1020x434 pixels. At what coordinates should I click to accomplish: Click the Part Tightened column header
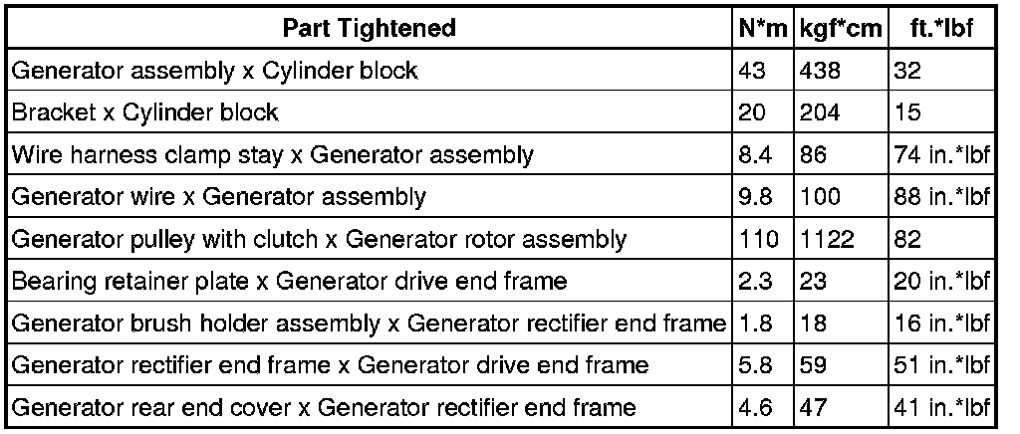click(369, 28)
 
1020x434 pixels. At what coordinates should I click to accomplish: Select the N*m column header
click(763, 28)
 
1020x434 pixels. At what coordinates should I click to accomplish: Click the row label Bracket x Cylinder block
click(145, 112)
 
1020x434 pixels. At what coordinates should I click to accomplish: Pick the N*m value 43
click(752, 71)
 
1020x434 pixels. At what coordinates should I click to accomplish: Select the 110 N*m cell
click(758, 239)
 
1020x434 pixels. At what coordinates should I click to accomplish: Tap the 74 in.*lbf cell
click(942, 155)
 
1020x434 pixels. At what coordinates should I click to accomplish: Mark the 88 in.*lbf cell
click(942, 197)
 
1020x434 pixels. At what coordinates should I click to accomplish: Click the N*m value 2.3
click(755, 282)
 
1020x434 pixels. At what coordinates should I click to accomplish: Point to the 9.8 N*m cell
click(755, 197)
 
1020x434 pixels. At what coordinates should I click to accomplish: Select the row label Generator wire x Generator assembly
click(218, 197)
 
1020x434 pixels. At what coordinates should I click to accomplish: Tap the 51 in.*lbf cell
click(942, 366)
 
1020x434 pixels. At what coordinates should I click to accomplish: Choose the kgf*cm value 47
click(813, 408)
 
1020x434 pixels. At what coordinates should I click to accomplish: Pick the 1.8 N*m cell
click(755, 324)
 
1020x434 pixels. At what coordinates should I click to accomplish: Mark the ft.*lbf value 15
click(907, 112)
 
